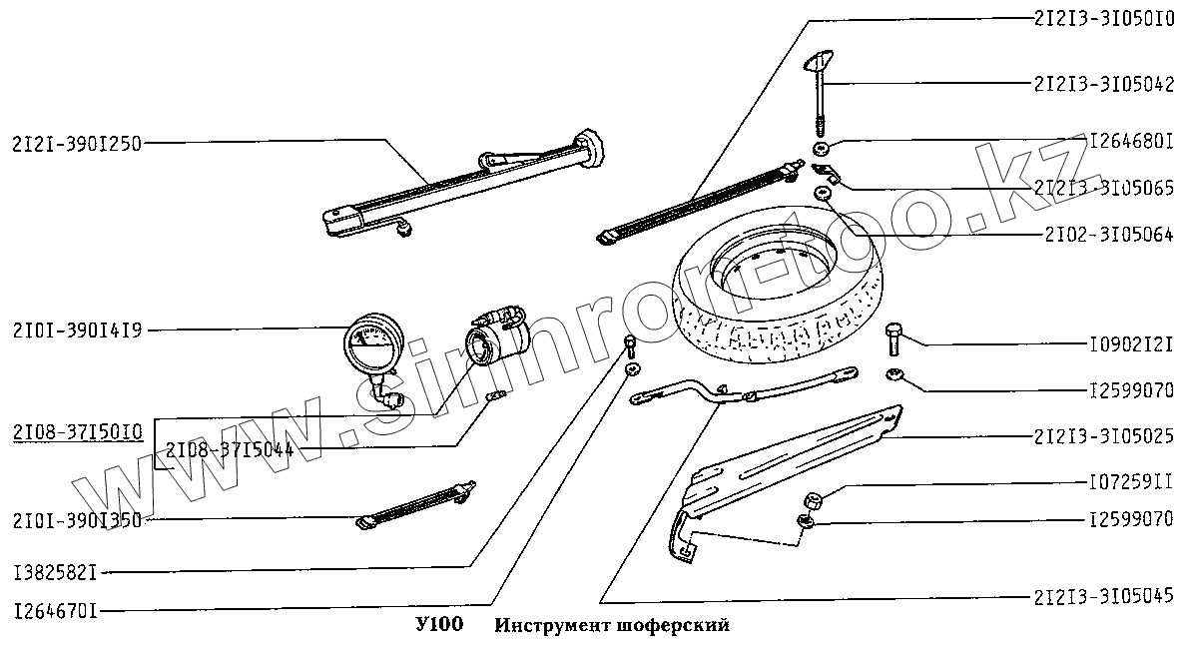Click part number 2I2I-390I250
point(77,143)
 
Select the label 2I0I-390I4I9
point(77,329)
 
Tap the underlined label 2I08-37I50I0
point(77,431)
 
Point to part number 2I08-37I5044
point(229,450)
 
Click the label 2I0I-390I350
point(77,519)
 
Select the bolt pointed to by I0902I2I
point(893,339)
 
